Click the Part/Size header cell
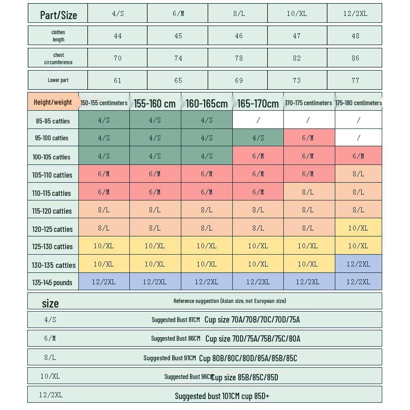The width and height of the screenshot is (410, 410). (58, 15)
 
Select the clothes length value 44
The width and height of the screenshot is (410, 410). (118, 36)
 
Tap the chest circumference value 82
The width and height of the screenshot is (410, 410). (297, 58)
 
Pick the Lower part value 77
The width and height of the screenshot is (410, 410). (355, 81)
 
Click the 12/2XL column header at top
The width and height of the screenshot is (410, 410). (355, 14)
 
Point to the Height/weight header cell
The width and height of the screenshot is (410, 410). (53, 102)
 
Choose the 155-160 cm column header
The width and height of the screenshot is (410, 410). (154, 103)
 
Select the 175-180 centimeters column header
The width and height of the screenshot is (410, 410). (359, 103)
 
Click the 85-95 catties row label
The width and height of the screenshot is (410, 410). (53, 121)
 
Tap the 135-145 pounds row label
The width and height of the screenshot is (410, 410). (52, 282)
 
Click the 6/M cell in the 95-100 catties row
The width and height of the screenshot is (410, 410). (308, 138)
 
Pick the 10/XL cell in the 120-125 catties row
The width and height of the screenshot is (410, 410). (358, 228)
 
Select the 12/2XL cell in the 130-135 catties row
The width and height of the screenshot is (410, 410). (358, 264)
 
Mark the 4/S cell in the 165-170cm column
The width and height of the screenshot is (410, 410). (258, 138)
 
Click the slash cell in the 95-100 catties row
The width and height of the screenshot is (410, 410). (358, 138)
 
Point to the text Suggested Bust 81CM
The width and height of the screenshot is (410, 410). (175, 320)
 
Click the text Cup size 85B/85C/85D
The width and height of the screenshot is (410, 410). (245, 377)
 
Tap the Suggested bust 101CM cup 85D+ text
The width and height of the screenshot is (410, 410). (222, 396)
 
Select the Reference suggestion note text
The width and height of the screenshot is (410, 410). (230, 301)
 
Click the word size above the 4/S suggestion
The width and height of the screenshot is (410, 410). (50, 303)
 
